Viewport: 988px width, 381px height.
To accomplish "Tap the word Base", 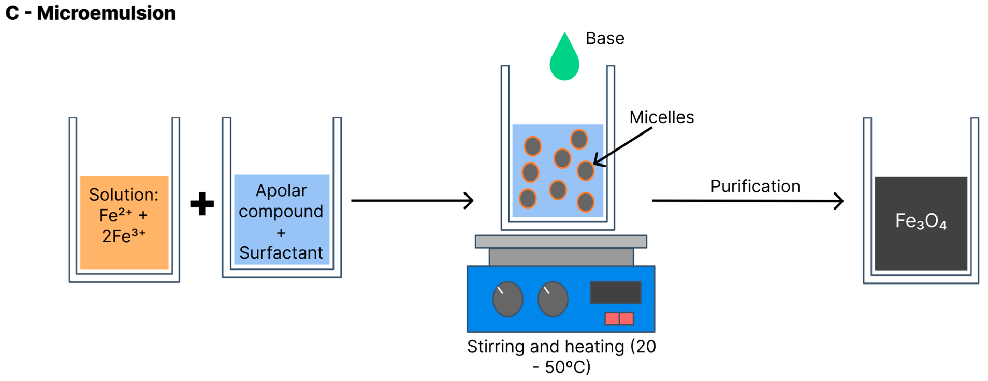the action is tap(605, 38).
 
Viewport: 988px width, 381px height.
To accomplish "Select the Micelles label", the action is tap(662, 117).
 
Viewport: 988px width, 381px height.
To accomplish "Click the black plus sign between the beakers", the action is tap(202, 204).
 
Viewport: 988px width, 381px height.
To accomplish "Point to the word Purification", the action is tap(755, 186).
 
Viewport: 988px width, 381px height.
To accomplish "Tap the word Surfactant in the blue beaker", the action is tap(281, 253).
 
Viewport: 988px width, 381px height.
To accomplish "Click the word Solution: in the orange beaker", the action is tap(124, 195).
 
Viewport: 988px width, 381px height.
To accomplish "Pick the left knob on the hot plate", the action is tap(507, 299).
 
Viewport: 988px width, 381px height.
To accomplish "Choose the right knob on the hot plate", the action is tap(553, 299).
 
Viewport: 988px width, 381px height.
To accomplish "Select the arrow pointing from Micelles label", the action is tap(622, 147).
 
